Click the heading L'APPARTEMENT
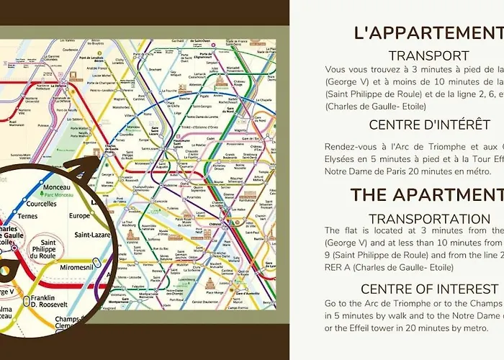click(x=429, y=33)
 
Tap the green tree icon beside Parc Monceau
click(x=40, y=196)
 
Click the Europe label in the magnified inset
click(x=79, y=215)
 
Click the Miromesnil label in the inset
click(x=84, y=268)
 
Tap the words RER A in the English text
click(x=336, y=267)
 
